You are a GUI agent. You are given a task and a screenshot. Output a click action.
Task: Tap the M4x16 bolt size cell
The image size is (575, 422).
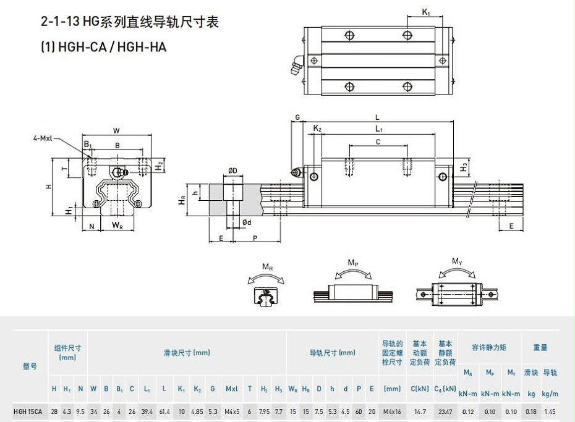click(x=392, y=411)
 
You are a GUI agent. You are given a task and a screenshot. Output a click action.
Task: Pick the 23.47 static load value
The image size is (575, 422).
click(x=445, y=411)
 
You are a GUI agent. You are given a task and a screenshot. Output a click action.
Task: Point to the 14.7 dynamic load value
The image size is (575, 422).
click(x=419, y=411)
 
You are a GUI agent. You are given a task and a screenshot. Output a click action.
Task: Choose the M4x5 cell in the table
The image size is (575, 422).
click(x=231, y=411)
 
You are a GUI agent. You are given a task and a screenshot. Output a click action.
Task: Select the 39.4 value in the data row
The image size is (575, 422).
click(x=147, y=411)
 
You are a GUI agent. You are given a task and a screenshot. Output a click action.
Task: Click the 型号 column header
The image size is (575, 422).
click(x=30, y=366)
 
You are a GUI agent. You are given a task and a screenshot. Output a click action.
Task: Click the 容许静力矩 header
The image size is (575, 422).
click(x=488, y=348)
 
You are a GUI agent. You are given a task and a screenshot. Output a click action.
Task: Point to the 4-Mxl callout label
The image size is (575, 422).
click(x=43, y=138)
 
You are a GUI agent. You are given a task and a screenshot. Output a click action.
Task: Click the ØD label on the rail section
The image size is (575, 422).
click(x=232, y=171)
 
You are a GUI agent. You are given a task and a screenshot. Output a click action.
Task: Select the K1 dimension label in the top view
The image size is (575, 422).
click(x=426, y=12)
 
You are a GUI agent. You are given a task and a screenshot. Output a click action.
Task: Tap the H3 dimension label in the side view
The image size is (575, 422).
click(x=464, y=167)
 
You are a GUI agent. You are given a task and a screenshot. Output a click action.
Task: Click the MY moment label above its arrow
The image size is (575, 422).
click(x=457, y=262)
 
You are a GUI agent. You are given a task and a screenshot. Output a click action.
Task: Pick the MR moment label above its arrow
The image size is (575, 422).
click(x=267, y=267)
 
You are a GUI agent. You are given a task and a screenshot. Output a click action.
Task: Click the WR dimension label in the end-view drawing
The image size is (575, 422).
click(x=117, y=226)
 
